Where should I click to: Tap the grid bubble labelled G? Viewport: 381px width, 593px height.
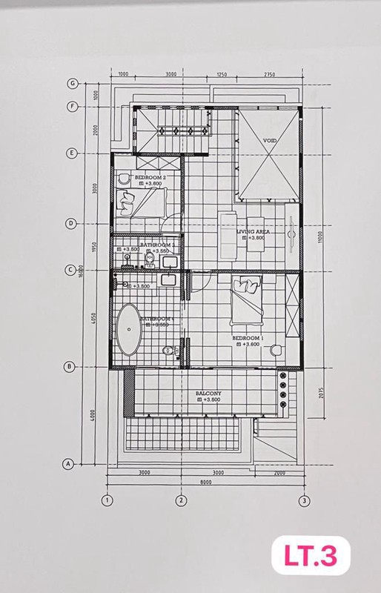click(73, 83)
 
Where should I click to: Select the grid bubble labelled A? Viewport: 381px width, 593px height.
click(68, 464)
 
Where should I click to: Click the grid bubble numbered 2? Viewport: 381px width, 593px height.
click(180, 500)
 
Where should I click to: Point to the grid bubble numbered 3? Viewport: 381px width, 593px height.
click(303, 500)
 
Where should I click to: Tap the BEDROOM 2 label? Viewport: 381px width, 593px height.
click(150, 178)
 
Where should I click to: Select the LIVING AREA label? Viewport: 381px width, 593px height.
click(252, 232)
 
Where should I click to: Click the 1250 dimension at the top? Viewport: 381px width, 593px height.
click(221, 74)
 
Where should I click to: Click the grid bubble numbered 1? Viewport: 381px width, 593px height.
click(107, 500)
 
